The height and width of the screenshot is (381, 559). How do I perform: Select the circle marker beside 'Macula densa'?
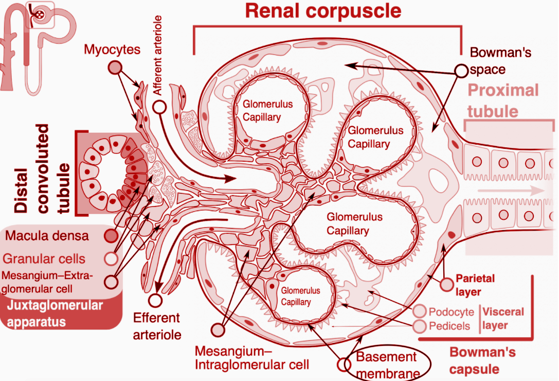tap(111, 236)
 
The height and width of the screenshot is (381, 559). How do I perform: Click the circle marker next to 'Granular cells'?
tap(110, 258)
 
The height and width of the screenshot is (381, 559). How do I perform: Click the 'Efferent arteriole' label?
tap(157, 326)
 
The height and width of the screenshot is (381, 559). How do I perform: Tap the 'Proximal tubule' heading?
tap(502, 100)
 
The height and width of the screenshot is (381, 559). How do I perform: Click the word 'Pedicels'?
tap(449, 326)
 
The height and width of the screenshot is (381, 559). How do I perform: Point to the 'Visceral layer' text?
tap(503, 318)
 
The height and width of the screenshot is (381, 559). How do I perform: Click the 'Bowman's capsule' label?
tap(482, 360)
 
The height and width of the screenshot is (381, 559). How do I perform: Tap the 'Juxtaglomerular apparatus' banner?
tap(55, 313)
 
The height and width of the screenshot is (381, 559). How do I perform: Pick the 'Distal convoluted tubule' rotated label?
tap(39, 168)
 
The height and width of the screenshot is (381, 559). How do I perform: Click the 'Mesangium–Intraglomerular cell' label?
tap(251, 358)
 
